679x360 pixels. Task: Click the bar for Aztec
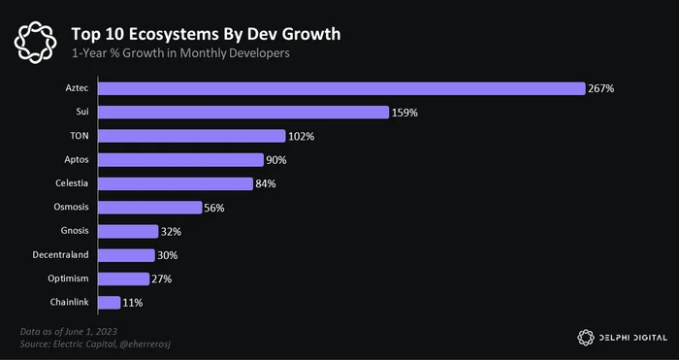341,88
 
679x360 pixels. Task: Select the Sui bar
243,113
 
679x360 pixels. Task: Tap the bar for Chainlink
109,303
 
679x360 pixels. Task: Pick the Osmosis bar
150,208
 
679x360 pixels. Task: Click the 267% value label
601,89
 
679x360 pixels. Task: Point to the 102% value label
302,137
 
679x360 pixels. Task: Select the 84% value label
266,183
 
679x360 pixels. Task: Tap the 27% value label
162,279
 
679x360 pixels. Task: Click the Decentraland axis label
60,254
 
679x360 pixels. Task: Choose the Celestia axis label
72,183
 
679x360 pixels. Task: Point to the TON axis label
80,136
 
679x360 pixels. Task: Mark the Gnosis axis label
75,231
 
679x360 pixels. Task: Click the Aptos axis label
77,159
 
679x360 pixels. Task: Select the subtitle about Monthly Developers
180,53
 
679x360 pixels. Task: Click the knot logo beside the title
35,43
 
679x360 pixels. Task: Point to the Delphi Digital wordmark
633,338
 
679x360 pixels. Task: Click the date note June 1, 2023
69,332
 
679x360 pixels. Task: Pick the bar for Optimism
124,278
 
